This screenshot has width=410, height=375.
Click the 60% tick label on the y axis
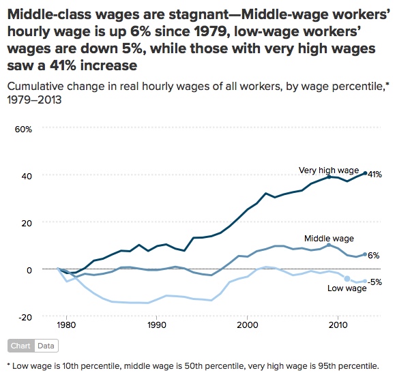pyautogui.click(x=33, y=128)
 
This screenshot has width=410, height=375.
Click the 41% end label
pyautogui.click(x=375, y=175)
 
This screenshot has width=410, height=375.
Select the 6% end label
pyautogui.click(x=374, y=255)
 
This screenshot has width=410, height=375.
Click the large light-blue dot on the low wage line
pyautogui.click(x=347, y=278)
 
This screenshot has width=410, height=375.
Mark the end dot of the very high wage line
pyautogui.click(x=365, y=173)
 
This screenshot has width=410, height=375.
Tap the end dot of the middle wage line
pyautogui.click(x=365, y=254)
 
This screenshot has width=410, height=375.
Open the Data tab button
pyautogui.click(x=46, y=346)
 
